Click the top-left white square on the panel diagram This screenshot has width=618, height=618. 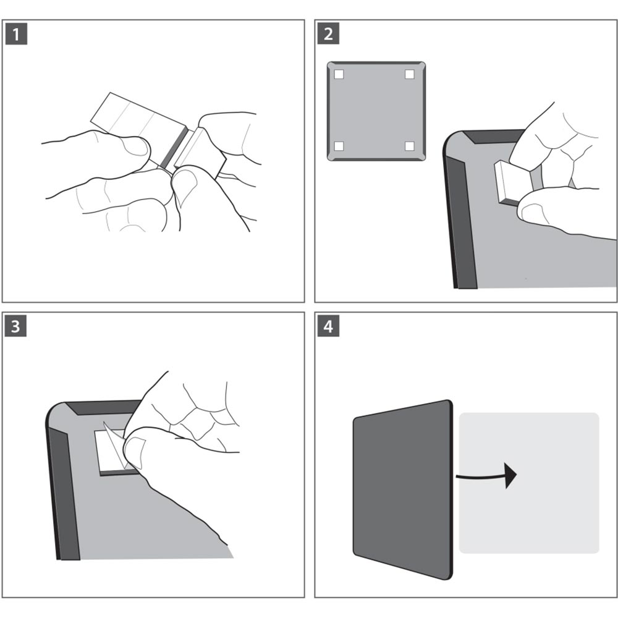339,75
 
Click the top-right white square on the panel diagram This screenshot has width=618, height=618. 409,75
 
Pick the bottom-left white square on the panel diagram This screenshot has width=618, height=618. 339,146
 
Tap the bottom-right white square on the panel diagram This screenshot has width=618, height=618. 409,146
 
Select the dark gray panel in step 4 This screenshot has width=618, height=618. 402,488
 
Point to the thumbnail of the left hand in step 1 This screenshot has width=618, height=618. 134,146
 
